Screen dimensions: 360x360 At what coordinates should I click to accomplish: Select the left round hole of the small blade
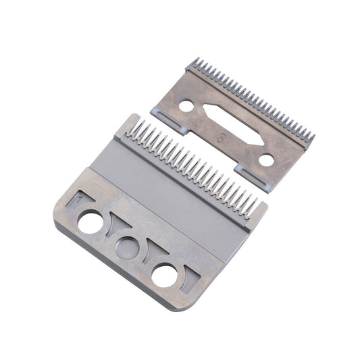(x=185, y=106)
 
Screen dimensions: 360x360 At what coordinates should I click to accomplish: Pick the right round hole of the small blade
(x=267, y=160)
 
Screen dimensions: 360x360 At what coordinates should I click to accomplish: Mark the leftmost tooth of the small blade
(x=195, y=65)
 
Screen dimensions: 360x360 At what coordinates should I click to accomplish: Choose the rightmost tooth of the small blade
(x=311, y=137)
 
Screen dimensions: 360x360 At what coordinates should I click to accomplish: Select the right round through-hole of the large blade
(x=163, y=274)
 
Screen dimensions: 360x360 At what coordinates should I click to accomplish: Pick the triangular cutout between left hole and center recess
(x=109, y=227)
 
